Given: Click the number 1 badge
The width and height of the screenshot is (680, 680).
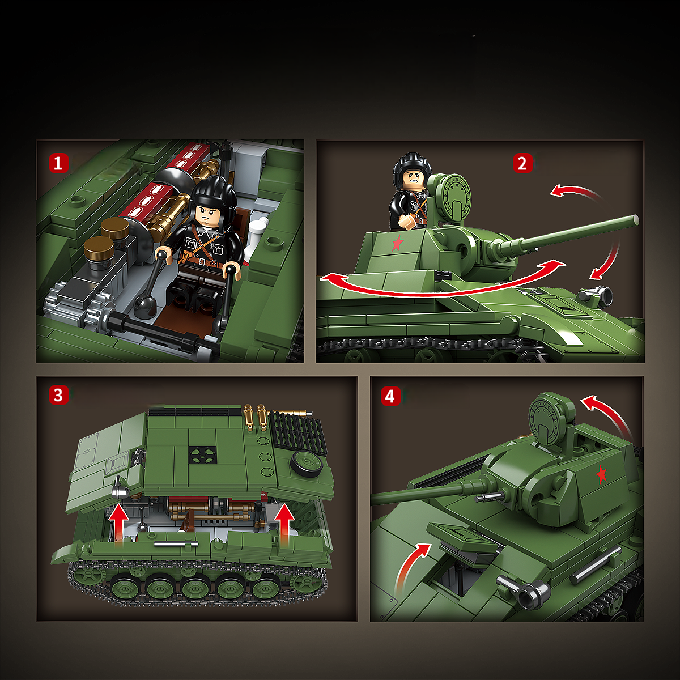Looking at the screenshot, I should pos(58,164).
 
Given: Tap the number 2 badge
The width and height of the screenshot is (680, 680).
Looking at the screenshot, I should pos(522,164).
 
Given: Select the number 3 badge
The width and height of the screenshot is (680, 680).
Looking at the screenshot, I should pos(58,395).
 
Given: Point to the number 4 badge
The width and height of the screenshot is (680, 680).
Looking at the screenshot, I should pos(389,396).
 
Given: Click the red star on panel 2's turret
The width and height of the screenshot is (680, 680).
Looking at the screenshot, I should pos(397,244).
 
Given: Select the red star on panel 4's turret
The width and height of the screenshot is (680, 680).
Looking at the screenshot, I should pos(601,474).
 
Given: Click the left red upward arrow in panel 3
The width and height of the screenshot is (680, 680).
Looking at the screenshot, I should pos(119,523).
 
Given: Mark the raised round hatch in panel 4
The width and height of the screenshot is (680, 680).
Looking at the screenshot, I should pos(549,418).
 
